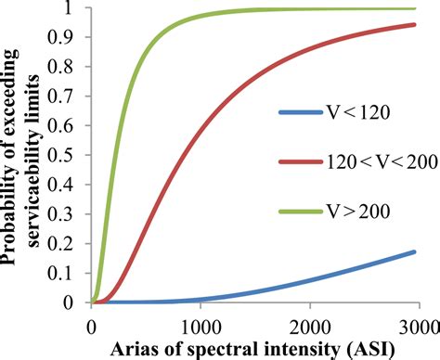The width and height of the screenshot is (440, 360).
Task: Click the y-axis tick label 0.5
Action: pyautogui.click(x=68, y=156)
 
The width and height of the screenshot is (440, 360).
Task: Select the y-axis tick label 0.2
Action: pyautogui.click(x=68, y=244)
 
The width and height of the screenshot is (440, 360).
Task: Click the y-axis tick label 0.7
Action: pyautogui.click(x=68, y=97)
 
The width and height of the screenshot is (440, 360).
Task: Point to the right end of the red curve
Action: pyautogui.click(x=414, y=25)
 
